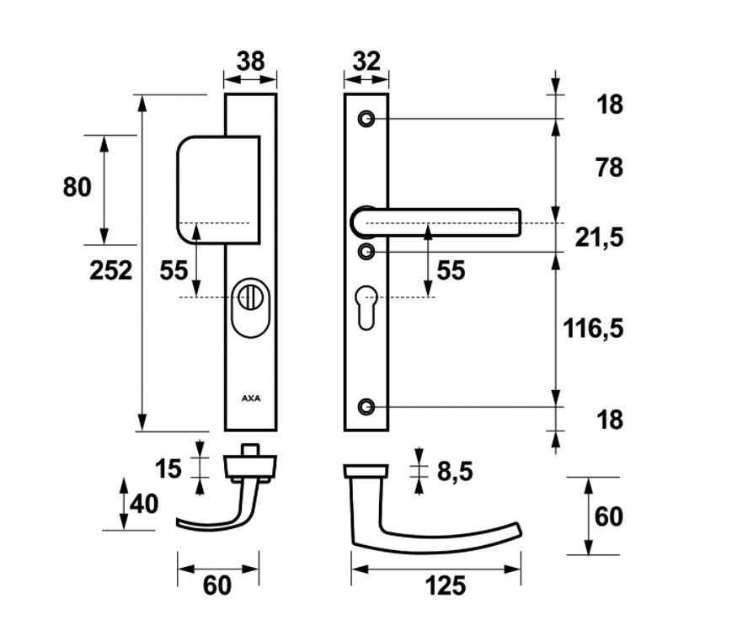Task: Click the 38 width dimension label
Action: (x=250, y=61)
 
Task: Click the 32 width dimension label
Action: (x=366, y=61)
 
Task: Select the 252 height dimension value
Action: (x=111, y=270)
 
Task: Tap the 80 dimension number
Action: (x=77, y=186)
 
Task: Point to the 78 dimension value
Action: (x=608, y=168)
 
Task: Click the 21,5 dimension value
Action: (x=599, y=238)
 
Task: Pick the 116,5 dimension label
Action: (x=593, y=328)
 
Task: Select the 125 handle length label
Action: (x=445, y=585)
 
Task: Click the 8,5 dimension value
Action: (x=454, y=472)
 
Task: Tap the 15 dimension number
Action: (x=168, y=468)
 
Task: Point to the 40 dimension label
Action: (x=144, y=505)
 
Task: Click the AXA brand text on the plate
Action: (x=251, y=398)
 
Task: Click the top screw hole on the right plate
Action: (x=366, y=119)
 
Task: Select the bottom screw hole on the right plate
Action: (x=366, y=407)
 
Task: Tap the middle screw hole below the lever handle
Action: (x=366, y=251)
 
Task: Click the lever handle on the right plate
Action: (x=438, y=222)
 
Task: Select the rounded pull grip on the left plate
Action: (x=215, y=187)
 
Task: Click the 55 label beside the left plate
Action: (x=174, y=270)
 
